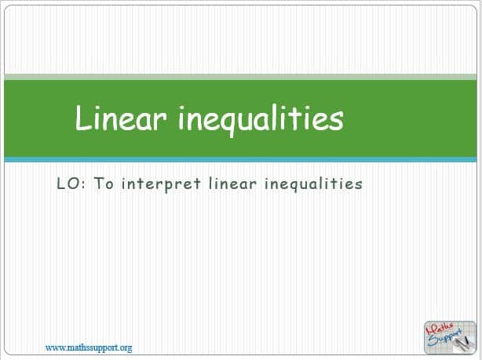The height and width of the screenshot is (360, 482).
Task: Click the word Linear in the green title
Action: (122, 118)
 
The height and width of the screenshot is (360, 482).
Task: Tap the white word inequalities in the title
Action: (261, 120)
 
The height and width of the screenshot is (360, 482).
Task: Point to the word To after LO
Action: (104, 184)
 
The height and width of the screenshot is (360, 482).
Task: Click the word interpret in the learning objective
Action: (161, 184)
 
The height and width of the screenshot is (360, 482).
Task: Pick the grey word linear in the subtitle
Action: (232, 184)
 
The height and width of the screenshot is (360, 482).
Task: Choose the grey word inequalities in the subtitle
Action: (313, 184)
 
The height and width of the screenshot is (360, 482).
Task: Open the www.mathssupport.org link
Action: (89, 347)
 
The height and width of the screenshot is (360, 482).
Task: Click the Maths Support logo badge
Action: (450, 337)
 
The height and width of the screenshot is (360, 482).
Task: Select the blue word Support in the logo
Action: (445, 338)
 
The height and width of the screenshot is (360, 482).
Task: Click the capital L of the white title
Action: (82, 118)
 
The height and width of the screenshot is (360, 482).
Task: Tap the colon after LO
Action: (84, 185)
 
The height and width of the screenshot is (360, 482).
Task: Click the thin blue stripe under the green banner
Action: (240, 160)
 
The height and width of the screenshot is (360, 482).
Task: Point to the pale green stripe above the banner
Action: (240, 77)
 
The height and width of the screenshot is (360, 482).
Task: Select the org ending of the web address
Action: (126, 348)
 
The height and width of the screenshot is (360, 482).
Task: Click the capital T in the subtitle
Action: (99, 184)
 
